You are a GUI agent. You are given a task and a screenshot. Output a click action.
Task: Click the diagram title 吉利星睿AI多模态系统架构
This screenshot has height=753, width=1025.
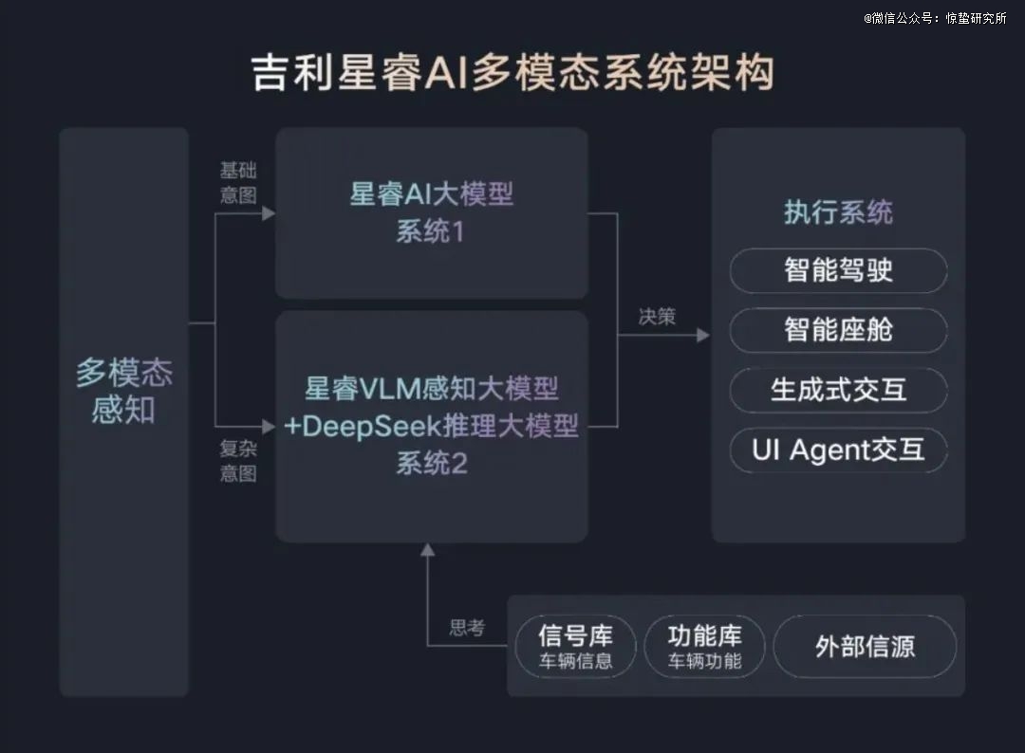(x=513, y=72)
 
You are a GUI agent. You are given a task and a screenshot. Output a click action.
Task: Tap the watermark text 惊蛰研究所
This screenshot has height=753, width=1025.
(x=976, y=18)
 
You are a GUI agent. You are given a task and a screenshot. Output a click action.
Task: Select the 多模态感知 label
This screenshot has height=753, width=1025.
(x=123, y=391)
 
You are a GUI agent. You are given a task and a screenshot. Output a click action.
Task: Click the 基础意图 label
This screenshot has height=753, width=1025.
(x=238, y=183)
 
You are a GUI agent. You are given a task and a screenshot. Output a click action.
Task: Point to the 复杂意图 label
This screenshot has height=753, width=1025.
(x=238, y=461)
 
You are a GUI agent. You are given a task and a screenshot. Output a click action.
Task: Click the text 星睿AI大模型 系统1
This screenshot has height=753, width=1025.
(x=432, y=212)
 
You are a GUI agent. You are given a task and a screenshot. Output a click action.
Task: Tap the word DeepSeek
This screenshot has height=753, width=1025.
(x=372, y=426)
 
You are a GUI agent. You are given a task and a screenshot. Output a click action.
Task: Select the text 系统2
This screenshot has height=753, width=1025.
(x=432, y=463)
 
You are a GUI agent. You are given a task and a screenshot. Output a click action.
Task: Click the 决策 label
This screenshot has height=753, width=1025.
(x=657, y=317)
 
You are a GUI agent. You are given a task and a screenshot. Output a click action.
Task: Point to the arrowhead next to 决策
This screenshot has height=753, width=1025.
(x=703, y=335)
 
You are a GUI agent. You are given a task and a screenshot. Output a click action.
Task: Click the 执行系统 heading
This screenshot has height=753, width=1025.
(x=838, y=212)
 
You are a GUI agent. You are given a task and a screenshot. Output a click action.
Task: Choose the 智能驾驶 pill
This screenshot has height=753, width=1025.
(x=838, y=270)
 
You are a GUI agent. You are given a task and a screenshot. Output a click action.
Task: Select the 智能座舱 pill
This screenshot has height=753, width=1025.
(x=838, y=330)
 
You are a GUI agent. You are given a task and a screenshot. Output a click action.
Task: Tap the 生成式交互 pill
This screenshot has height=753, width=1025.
(x=838, y=390)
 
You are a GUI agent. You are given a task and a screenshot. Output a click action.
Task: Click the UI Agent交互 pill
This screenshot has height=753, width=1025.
(x=838, y=450)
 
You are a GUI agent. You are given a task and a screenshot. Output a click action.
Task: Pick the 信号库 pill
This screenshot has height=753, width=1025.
(x=575, y=647)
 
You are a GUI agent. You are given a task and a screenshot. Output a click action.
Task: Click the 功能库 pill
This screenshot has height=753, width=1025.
(x=704, y=647)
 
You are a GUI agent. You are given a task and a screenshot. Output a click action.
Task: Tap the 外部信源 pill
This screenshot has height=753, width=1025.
(x=865, y=647)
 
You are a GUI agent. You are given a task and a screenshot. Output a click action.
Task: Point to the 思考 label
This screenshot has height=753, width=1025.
(x=467, y=628)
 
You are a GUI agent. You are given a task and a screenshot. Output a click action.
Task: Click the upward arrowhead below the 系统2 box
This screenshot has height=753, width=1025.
(x=427, y=550)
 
